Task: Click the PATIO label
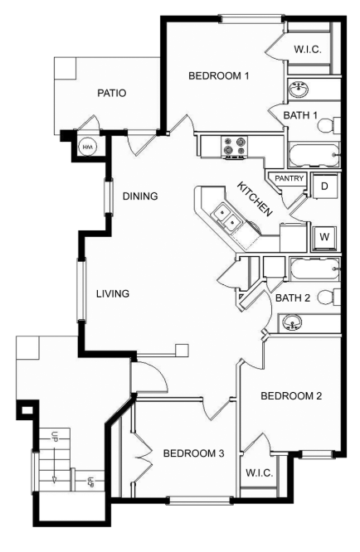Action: (112, 94)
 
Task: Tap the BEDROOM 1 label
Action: (219, 75)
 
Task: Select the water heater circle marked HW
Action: (86, 147)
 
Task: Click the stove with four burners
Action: (235, 147)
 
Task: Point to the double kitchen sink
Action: (226, 217)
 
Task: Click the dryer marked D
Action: (325, 186)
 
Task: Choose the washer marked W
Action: (324, 236)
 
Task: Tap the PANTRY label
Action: (289, 178)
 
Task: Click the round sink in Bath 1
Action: (299, 88)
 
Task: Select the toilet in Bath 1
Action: (329, 126)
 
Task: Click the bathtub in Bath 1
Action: (314, 155)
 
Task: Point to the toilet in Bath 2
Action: (329, 297)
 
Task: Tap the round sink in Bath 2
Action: (292, 322)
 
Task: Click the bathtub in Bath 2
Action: (315, 269)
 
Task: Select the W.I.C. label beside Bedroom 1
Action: (308, 49)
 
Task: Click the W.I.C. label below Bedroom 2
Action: (260, 472)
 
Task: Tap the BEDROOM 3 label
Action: (194, 453)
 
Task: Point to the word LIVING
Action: (113, 293)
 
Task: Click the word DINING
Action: (140, 196)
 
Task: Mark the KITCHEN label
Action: (255, 199)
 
